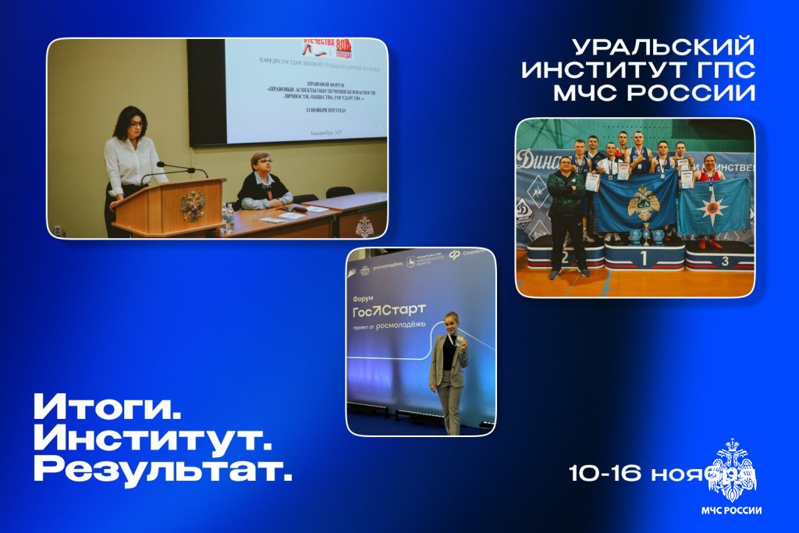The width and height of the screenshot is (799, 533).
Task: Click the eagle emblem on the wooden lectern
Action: [x=191, y=205]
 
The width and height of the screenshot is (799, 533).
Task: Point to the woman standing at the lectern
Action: [x=130, y=160]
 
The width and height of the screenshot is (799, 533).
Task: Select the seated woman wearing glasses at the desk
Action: [x=262, y=182]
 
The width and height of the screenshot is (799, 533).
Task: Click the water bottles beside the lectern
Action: [x=229, y=217]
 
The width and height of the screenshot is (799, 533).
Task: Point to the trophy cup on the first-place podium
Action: [x=646, y=232]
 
